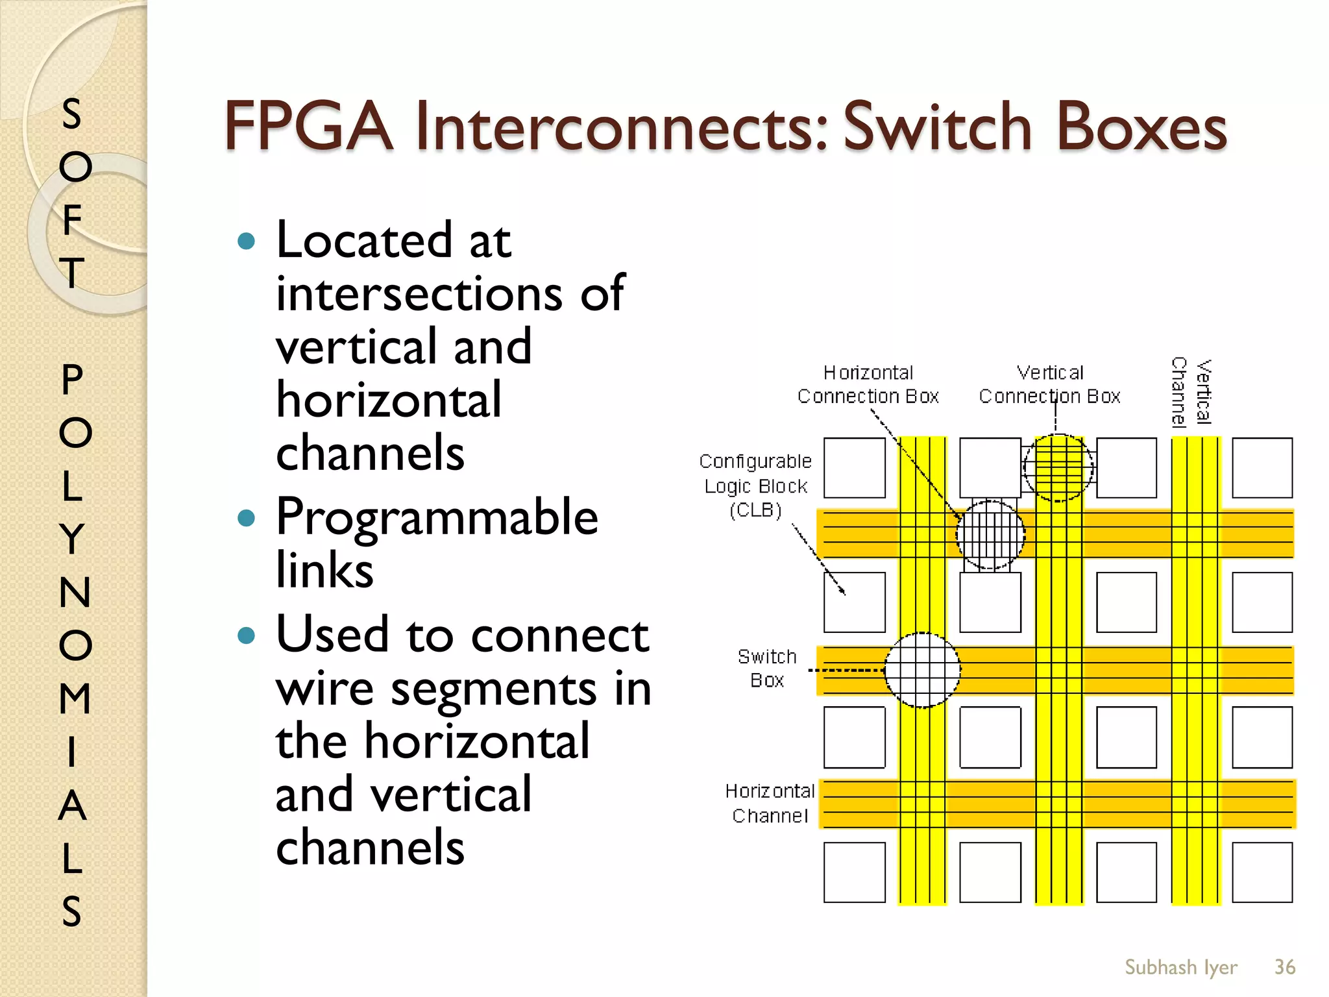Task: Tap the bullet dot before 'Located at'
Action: tap(247, 241)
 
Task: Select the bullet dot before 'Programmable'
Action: tap(247, 518)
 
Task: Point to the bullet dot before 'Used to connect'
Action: tap(247, 635)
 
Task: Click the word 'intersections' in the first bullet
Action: tap(417, 294)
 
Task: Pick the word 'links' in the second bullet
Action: tap(324, 570)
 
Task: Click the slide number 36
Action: tap(1284, 967)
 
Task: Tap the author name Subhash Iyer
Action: tap(1180, 967)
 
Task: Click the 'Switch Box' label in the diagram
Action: tap(767, 669)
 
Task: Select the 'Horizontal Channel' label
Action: tap(770, 803)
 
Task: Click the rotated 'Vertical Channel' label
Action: tap(1191, 392)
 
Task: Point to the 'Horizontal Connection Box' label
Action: tap(868, 384)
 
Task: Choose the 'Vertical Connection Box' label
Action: tap(1049, 384)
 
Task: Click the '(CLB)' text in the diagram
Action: tap(755, 510)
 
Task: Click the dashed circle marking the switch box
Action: tap(922, 670)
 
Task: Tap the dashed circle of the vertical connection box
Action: tap(1058, 467)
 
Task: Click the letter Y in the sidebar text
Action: tap(73, 539)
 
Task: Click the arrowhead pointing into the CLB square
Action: tap(842, 591)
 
